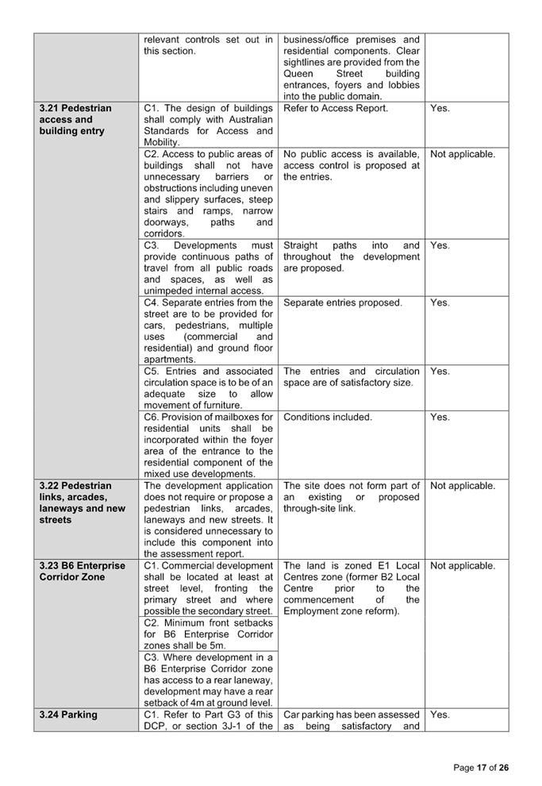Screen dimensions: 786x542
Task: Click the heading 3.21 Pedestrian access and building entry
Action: pyautogui.click(x=75, y=119)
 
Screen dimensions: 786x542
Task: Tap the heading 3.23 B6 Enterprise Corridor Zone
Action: pyautogui.click(x=82, y=571)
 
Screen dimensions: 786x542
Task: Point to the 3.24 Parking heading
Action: pyautogui.click(x=68, y=715)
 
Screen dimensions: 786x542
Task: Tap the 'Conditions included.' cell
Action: pyautogui.click(x=327, y=417)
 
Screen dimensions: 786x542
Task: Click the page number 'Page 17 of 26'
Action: pyautogui.click(x=480, y=768)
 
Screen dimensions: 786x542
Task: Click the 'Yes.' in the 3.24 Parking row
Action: pyautogui.click(x=440, y=715)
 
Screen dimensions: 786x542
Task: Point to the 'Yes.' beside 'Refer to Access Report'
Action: pyautogui.click(x=440, y=108)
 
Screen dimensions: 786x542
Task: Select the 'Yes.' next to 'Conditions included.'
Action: pyautogui.click(x=440, y=417)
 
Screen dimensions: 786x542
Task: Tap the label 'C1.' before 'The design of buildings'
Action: pyautogui.click(x=152, y=108)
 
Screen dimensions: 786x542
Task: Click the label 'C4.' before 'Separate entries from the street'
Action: pyautogui.click(x=152, y=302)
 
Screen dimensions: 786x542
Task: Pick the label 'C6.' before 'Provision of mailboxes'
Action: pyautogui.click(x=152, y=417)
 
